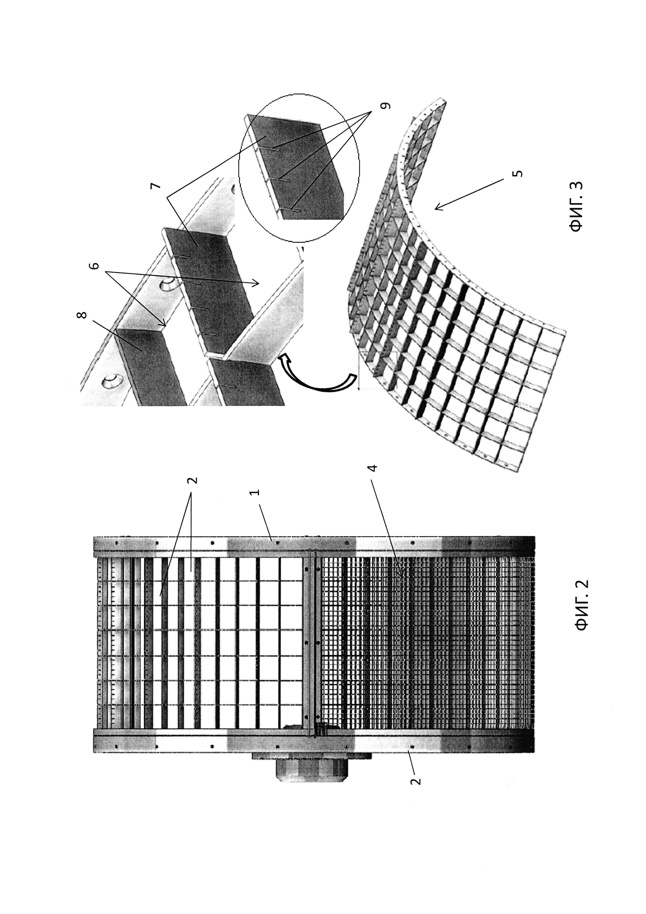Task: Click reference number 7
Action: pyautogui.click(x=156, y=186)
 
